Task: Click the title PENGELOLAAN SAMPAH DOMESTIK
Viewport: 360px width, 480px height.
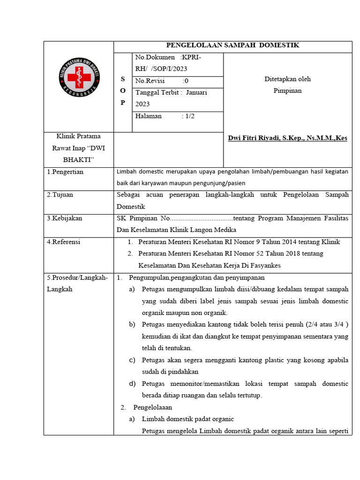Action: click(233, 45)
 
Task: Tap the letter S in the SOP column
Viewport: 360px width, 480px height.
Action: click(123, 80)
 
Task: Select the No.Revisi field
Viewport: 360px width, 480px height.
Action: click(162, 81)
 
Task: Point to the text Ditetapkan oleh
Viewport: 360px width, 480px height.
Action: click(287, 79)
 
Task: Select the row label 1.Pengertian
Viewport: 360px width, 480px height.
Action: click(65, 172)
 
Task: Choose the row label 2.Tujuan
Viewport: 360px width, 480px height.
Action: click(60, 195)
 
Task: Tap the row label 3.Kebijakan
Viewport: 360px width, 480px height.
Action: click(65, 218)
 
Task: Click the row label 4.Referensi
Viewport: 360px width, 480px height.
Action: click(64, 242)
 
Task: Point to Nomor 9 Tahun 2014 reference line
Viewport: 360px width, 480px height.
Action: click(239, 242)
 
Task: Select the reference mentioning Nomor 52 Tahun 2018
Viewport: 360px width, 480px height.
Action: click(231, 254)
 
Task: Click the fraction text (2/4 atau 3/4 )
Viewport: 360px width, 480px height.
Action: click(326, 324)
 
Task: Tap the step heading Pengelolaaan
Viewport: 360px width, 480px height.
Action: click(153, 407)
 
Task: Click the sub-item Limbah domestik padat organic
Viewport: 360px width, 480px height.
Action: click(187, 419)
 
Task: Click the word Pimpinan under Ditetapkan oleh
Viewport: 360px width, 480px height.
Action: click(287, 90)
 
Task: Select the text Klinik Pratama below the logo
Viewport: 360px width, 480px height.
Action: click(78, 136)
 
